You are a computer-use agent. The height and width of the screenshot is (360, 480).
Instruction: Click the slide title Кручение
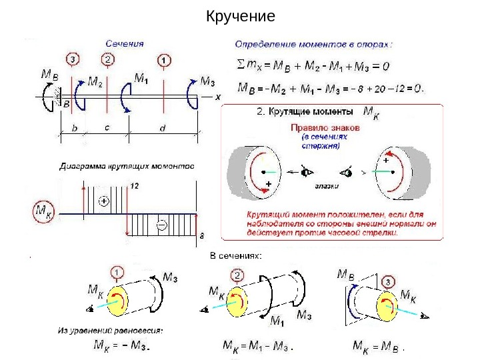240,15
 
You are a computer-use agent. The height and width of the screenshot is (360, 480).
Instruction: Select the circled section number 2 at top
108,59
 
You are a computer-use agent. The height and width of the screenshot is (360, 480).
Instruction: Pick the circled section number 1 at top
164,60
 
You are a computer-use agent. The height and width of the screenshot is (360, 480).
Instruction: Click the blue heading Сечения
127,43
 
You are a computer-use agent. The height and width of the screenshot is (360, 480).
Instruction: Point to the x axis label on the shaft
217,96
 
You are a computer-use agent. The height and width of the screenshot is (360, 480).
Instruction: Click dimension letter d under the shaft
163,128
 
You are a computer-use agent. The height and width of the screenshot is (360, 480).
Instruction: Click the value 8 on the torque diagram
202,235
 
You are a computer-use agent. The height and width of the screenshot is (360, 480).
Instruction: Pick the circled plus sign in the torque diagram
103,201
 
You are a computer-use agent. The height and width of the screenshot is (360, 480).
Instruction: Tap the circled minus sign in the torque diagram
161,225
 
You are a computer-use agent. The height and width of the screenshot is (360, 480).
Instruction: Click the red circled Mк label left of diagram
43,213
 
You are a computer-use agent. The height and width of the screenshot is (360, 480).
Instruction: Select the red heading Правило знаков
325,127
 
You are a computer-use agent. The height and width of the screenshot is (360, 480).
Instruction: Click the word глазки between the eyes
327,187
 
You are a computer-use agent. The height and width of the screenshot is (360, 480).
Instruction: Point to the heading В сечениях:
236,255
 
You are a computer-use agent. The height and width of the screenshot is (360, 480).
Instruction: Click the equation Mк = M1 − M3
257,345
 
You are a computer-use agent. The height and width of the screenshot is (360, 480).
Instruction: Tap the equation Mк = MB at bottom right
377,345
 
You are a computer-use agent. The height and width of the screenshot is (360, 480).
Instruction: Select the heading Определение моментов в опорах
314,44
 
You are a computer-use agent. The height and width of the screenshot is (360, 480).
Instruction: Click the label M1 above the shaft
141,78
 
